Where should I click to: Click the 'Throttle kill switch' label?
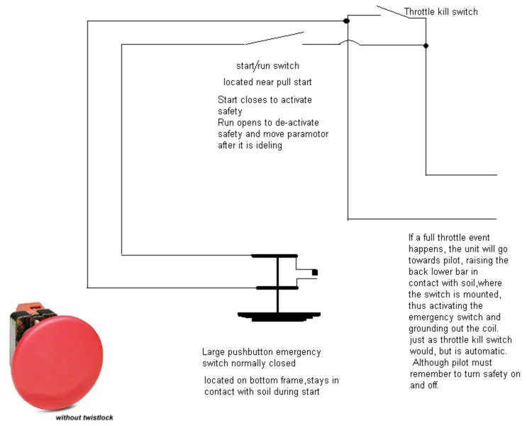click(440, 12)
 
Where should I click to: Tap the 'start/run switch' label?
click(267, 65)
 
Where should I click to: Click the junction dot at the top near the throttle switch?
click(347, 21)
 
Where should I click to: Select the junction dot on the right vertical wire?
click(426, 45)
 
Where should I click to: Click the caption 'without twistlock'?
click(84, 417)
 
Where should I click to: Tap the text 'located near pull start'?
click(267, 82)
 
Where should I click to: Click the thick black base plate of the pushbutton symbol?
click(279, 316)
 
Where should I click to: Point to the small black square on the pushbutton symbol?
click(315, 272)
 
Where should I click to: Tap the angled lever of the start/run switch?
click(274, 38)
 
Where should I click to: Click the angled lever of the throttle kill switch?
click(393, 11)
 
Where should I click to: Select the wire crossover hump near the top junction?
click(348, 42)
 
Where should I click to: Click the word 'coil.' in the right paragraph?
click(489, 328)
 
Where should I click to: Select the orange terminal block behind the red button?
click(31, 307)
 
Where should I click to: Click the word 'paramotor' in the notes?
click(308, 134)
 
